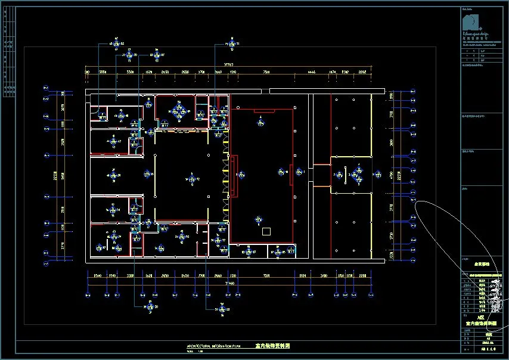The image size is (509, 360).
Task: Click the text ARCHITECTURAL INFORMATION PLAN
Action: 214,346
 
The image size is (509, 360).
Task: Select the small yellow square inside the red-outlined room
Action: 266,231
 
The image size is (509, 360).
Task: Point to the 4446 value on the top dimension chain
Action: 311,72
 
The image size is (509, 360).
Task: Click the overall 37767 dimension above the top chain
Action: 228,64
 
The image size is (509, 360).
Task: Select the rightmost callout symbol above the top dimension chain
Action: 231,44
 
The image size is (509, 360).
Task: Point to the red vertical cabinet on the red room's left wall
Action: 235,176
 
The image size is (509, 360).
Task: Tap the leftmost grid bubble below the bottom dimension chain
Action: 88,293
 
